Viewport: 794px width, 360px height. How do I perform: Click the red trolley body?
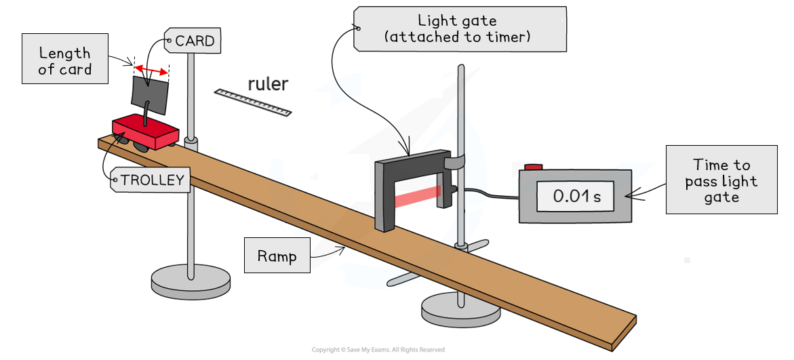coord(144,130)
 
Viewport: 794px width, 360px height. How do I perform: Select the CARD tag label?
coord(192,41)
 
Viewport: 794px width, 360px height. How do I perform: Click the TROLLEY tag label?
coord(151,180)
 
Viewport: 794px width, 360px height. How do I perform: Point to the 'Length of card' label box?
coord(64,61)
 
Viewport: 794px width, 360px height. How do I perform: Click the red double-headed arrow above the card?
coord(151,70)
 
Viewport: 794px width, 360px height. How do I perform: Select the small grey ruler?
coord(252,102)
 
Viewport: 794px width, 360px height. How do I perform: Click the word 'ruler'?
coord(268,84)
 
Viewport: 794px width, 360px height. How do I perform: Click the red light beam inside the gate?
coord(418,196)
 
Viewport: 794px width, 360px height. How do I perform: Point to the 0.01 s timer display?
coord(576,197)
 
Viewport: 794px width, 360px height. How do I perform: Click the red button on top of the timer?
coord(534,167)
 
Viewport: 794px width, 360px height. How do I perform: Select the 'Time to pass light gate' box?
coord(721,180)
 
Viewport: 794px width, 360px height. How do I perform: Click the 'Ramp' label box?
coord(277,256)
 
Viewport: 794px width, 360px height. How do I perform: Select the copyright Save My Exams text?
coord(378,350)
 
